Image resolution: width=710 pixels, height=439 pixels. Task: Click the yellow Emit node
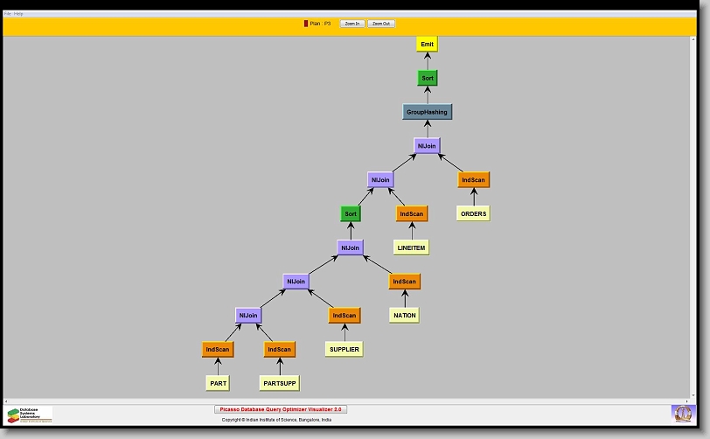[427, 44]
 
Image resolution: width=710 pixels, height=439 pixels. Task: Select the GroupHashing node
[427, 112]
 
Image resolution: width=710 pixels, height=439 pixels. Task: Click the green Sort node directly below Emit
[427, 78]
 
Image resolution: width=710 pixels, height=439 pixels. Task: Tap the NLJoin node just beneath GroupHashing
[427, 146]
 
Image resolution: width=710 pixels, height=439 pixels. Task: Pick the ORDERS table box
[473, 213]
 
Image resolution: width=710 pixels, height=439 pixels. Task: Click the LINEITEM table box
[411, 247]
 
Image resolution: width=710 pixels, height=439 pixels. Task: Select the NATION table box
[404, 315]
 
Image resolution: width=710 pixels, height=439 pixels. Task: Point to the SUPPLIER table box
[344, 349]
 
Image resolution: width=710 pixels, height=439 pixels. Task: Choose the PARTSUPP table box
[280, 383]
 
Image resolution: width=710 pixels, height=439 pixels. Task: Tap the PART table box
[218, 383]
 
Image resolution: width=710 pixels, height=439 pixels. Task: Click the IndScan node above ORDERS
[473, 180]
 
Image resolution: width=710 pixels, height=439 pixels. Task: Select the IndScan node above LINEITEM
[411, 213]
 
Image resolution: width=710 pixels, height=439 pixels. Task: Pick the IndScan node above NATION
[404, 282]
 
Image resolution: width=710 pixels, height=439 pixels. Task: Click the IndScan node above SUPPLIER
[344, 316]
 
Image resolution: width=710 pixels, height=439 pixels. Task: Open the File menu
[8, 14]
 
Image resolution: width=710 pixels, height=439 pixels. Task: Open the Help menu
[18, 14]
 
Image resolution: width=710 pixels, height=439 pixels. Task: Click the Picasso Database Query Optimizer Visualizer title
[281, 409]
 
